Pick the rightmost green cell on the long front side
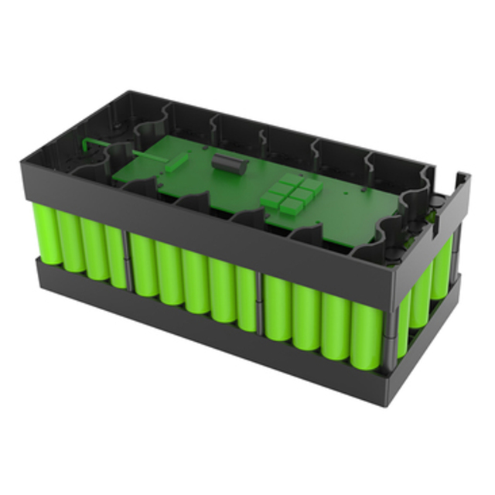[364, 333]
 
